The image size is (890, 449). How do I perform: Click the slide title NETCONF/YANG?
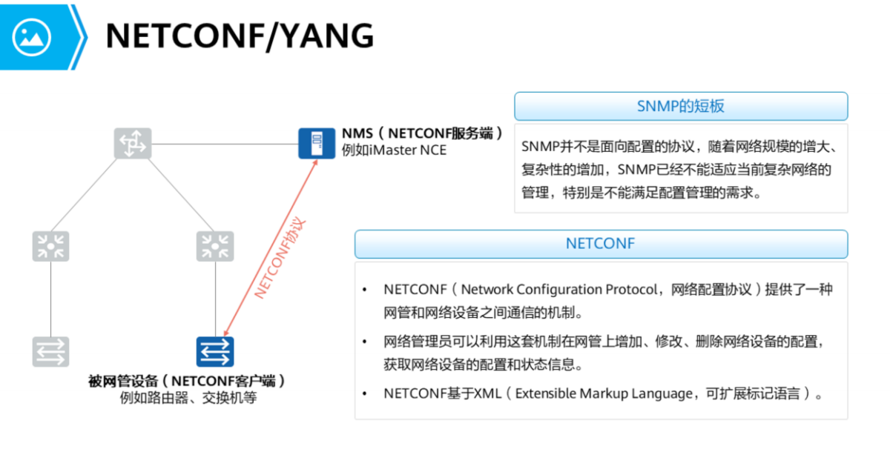(x=239, y=36)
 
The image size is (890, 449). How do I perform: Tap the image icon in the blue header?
(x=31, y=36)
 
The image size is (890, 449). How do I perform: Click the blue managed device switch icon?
(x=215, y=352)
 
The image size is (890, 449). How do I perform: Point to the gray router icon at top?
(x=132, y=143)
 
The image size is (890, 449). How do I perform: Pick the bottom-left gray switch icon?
(x=50, y=352)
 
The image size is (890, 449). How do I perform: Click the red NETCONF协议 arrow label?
(x=279, y=258)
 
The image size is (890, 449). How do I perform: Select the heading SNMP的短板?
(x=680, y=106)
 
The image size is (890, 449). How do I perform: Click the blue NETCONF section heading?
(x=600, y=244)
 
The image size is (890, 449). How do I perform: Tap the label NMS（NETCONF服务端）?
(x=422, y=134)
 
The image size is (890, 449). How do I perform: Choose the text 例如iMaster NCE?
(x=394, y=150)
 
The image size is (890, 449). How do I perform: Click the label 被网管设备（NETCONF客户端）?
(x=187, y=381)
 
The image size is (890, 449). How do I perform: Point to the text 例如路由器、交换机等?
(x=188, y=398)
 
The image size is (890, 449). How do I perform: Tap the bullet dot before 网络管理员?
(x=364, y=342)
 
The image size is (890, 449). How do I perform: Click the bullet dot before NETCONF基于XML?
(x=364, y=394)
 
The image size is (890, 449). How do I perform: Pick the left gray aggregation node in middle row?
(x=50, y=246)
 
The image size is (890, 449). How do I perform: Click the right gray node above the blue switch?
(x=215, y=246)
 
